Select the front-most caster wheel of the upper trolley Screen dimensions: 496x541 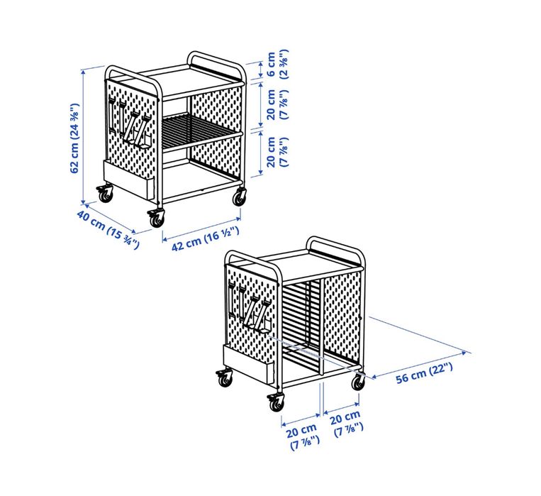click(155, 218)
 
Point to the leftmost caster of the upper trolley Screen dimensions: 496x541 click(106, 192)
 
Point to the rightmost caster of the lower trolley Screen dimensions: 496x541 click(359, 381)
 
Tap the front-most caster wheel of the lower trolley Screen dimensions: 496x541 click(275, 402)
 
